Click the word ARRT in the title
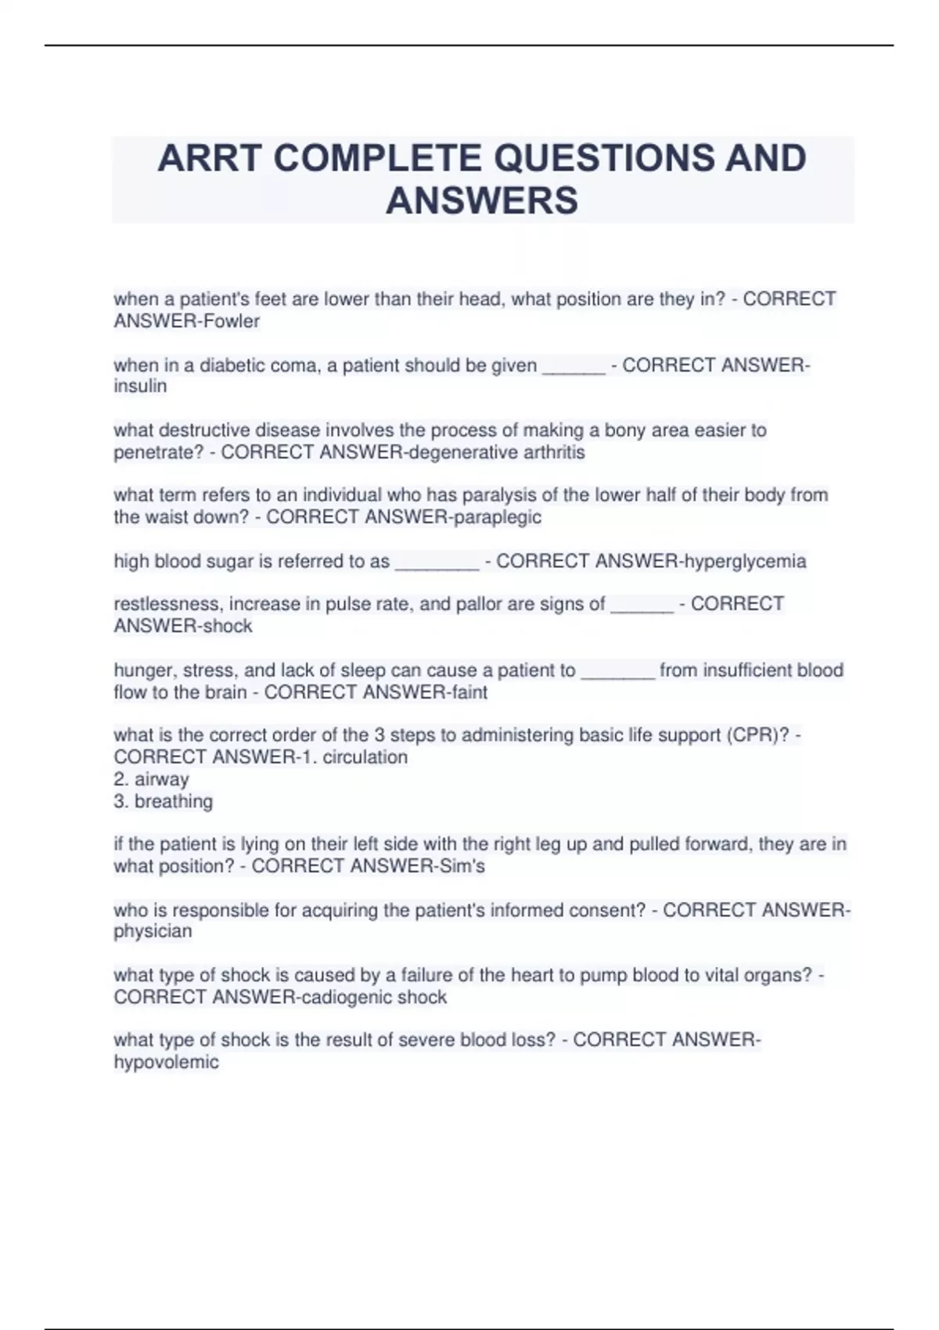point(208,159)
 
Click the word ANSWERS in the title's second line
point(482,200)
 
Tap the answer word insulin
point(140,386)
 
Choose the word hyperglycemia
point(744,561)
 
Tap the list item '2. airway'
point(151,779)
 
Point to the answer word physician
point(153,932)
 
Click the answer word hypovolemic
point(166,1062)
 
